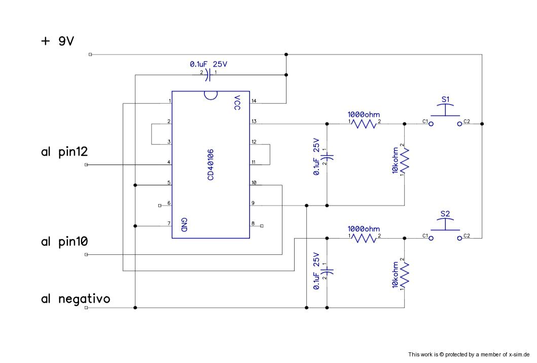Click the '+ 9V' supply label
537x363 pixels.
pos(58,41)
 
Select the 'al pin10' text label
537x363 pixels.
pos(65,242)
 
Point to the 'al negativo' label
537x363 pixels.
pos(76,299)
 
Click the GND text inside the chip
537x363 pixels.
pos(184,225)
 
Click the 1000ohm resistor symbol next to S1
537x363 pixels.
pos(364,123)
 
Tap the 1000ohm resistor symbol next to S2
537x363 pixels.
pos(364,238)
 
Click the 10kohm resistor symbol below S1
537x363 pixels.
pos(405,160)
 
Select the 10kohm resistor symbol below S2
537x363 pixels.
pos(405,274)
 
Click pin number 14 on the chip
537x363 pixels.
pos(254,101)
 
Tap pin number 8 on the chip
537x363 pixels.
pos(253,223)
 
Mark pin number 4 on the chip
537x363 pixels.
pos(168,162)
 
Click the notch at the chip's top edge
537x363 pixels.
pos(210,94)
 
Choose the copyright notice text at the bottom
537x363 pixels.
pos(469,354)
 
